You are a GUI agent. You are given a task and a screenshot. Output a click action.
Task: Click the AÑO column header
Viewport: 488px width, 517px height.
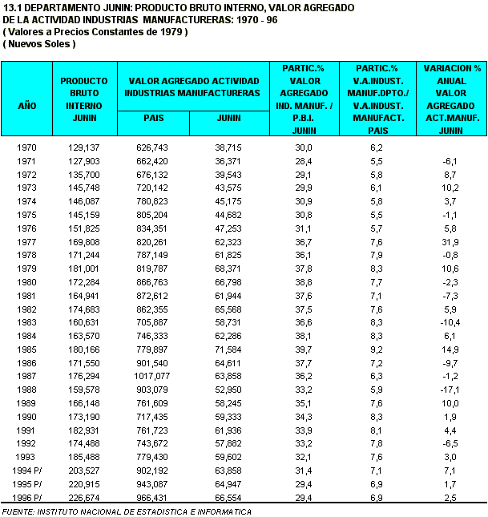click(27, 105)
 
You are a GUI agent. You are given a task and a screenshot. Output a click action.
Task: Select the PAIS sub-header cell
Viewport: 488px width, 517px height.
click(154, 118)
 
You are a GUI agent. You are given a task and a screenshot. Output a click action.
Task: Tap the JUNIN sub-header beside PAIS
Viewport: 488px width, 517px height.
click(228, 118)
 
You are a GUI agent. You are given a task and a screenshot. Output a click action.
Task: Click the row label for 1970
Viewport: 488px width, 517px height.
click(27, 147)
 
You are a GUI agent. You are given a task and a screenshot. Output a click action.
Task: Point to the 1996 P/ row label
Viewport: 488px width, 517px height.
click(27, 498)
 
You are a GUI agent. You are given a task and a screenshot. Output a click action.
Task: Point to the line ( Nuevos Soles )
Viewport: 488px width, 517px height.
click(39, 43)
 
